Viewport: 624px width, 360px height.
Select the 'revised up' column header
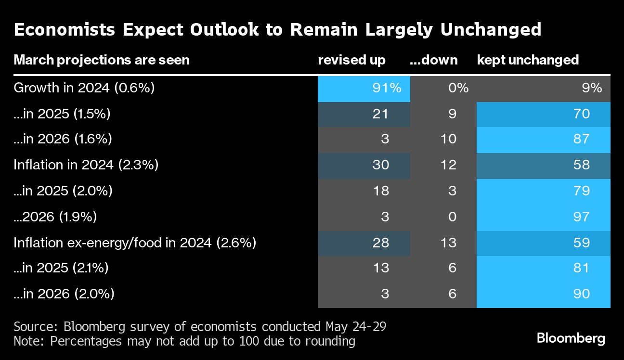click(x=351, y=60)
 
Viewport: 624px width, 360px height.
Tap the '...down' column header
click(x=433, y=60)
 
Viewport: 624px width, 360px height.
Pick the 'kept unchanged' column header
click(x=528, y=60)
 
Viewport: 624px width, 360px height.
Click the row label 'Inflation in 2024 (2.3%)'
click(x=86, y=165)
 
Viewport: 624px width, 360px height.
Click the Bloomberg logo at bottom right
click(x=571, y=338)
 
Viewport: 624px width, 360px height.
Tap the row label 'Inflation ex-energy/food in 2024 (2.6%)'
click(x=135, y=243)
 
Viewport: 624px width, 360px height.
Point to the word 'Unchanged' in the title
click(x=491, y=30)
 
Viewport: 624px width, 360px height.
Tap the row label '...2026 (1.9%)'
click(x=55, y=217)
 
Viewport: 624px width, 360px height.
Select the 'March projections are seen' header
click(x=102, y=60)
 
